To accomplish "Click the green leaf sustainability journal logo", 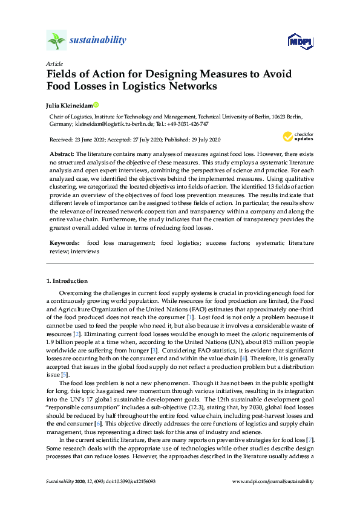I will click(x=56, y=41).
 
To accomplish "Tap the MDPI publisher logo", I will click(x=300, y=41).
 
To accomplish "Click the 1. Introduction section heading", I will click(x=67, y=281).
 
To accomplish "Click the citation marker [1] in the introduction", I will click(x=191, y=317).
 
